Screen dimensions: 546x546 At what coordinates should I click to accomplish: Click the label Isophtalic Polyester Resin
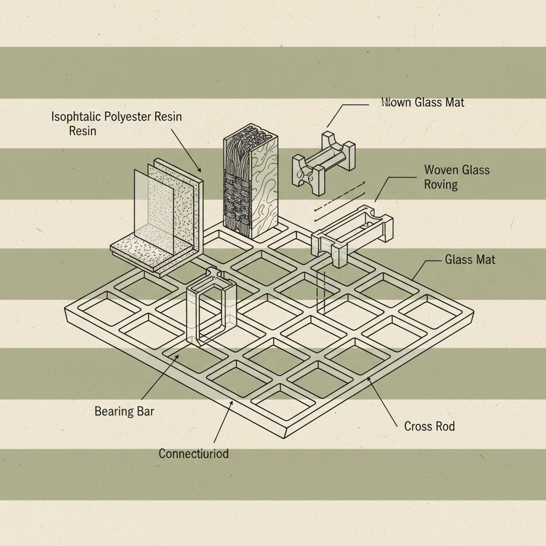(x=116, y=117)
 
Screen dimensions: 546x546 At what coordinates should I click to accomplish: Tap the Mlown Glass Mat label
(x=423, y=102)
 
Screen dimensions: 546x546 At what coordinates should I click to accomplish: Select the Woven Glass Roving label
(x=456, y=177)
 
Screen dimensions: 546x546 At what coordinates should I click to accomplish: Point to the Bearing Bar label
(x=124, y=411)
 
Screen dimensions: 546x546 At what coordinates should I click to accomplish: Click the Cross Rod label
(x=429, y=426)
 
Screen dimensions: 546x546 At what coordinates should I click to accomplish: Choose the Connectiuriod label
(x=194, y=454)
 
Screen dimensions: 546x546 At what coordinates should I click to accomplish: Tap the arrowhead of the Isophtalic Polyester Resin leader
(x=200, y=171)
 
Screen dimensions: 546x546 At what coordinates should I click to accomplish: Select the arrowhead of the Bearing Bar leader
(x=178, y=354)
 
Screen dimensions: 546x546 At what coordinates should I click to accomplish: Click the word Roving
(x=441, y=184)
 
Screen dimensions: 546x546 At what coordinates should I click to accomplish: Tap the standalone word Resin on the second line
(x=83, y=131)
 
